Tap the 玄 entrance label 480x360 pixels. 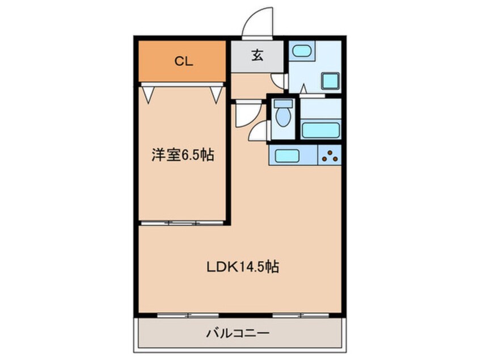click(x=257, y=56)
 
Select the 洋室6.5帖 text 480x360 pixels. click(x=182, y=155)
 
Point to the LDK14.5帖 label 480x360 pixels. click(x=242, y=266)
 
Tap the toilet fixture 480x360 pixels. click(x=281, y=116)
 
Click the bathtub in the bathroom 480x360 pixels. click(x=321, y=130)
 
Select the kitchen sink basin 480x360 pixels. click(x=288, y=154)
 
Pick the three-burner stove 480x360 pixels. click(x=329, y=154)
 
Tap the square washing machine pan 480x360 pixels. click(x=330, y=81)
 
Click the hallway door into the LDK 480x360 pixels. click(x=246, y=113)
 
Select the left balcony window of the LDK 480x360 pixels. click(x=179, y=314)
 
